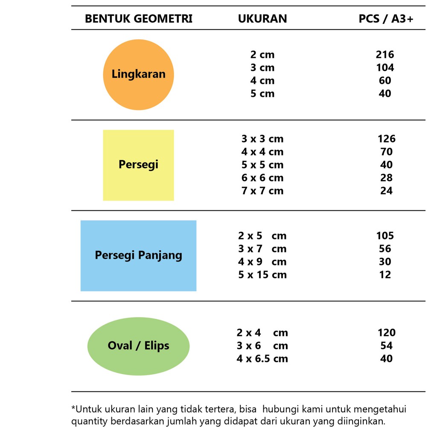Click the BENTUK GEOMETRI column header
click(139, 19)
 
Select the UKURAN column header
click(262, 19)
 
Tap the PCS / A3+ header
click(386, 19)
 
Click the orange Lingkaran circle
click(138, 75)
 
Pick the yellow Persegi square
click(138, 165)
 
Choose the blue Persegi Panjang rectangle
click(138, 256)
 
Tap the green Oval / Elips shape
click(138, 346)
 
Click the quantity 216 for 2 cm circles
click(385, 55)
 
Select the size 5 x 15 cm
click(262, 275)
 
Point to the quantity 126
click(386, 139)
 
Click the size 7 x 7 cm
click(262, 191)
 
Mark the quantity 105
click(385, 236)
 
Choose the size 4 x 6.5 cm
click(262, 359)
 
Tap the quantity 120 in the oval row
click(386, 333)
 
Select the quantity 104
click(385, 67)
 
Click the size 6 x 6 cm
click(262, 178)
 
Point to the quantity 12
click(385, 275)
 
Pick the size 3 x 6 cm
click(262, 346)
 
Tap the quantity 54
click(386, 346)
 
